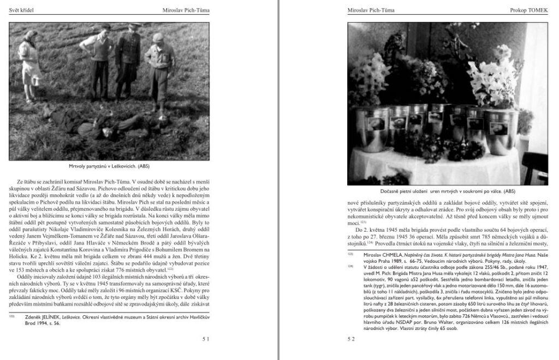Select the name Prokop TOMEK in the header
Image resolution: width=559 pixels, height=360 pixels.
[x=526, y=10]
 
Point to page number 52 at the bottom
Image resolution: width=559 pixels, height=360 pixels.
[x=351, y=339]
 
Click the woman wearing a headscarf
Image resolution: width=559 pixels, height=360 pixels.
[x=28, y=60]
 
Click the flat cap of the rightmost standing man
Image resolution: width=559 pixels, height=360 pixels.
[x=158, y=37]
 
